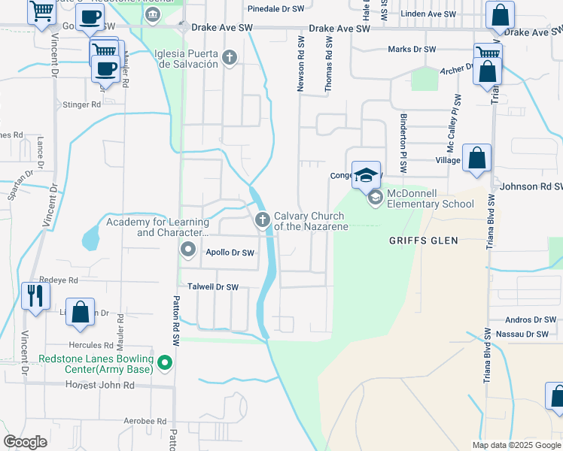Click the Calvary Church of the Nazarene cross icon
coord(263,220)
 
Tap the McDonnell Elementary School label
coord(431,198)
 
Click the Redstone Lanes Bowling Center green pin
coord(165,366)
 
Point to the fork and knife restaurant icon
coord(34,295)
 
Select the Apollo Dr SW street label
coord(230,253)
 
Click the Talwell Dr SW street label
coord(212,287)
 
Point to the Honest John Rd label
coord(100,385)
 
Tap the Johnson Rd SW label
coord(531,186)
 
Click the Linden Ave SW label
coord(428,14)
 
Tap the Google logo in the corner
coord(25,442)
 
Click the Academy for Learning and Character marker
coord(188,249)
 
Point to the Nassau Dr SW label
coord(526,334)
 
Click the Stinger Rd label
coord(81,105)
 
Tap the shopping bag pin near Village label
coord(476,159)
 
